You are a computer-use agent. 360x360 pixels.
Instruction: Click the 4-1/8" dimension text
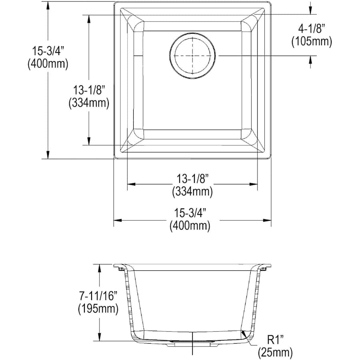[312, 29]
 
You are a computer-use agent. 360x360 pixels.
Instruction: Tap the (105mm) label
[312, 42]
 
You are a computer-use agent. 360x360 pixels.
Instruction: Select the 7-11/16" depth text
[98, 296]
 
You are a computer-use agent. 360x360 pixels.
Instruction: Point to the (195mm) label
[98, 309]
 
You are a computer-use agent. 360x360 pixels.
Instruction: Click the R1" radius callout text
[275, 340]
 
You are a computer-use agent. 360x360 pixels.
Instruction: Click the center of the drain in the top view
[192, 56]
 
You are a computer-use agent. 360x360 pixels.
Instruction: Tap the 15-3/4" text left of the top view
[48, 51]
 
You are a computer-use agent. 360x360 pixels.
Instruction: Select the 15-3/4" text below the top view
[190, 213]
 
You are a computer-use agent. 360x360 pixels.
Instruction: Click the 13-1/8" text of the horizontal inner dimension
[192, 178]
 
